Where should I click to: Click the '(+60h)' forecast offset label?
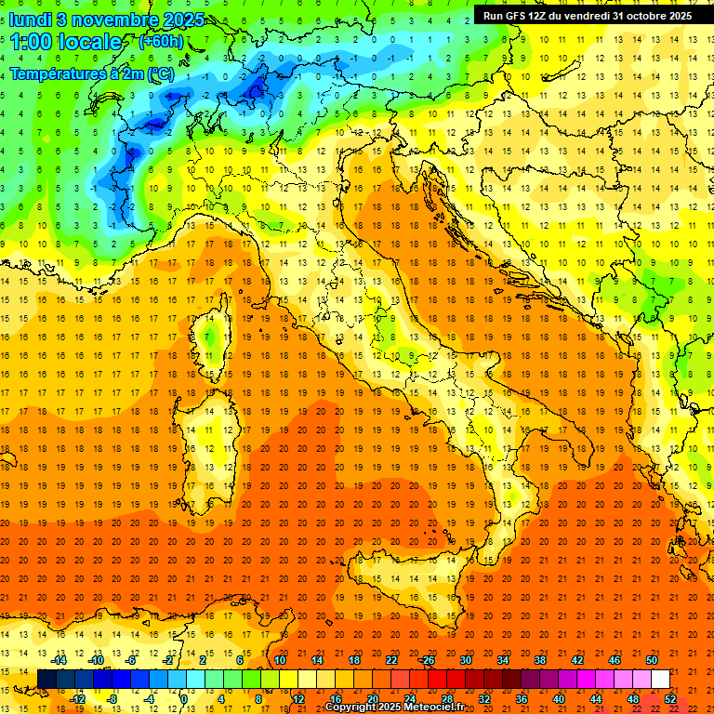161,42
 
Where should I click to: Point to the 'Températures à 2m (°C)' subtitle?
91,73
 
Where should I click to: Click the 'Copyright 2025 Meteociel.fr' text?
394,707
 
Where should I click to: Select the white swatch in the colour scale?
660,680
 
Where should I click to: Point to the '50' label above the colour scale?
652,660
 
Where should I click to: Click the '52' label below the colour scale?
670,699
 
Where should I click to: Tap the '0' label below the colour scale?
184,699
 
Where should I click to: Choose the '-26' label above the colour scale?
427,660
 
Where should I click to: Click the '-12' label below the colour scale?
77,699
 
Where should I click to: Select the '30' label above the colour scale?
465,660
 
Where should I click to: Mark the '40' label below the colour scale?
558,699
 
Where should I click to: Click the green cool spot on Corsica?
211,336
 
